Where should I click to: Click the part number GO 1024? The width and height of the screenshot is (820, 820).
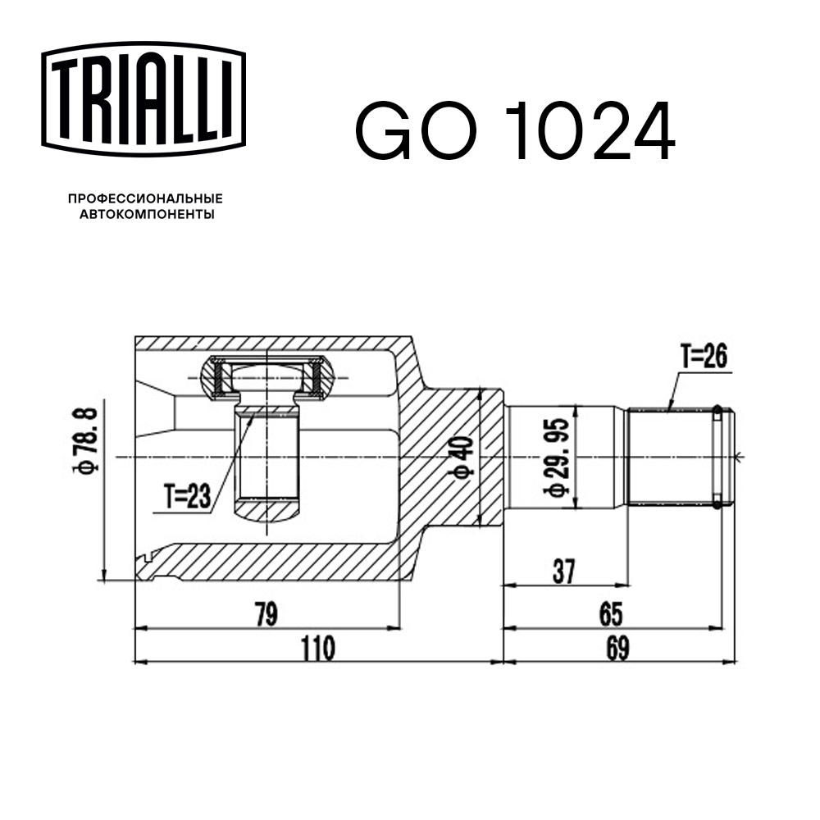(x=514, y=132)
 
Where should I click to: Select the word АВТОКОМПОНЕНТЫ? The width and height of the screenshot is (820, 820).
(x=146, y=215)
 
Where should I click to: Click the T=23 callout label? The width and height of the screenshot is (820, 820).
(x=187, y=494)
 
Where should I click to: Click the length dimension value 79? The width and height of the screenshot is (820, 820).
(x=265, y=613)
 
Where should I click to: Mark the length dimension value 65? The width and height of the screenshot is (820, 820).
(x=611, y=613)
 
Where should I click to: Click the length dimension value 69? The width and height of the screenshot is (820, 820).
(x=617, y=648)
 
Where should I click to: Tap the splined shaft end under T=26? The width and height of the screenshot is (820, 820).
(x=668, y=457)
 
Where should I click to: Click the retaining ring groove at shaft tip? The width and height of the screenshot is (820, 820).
(x=718, y=457)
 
